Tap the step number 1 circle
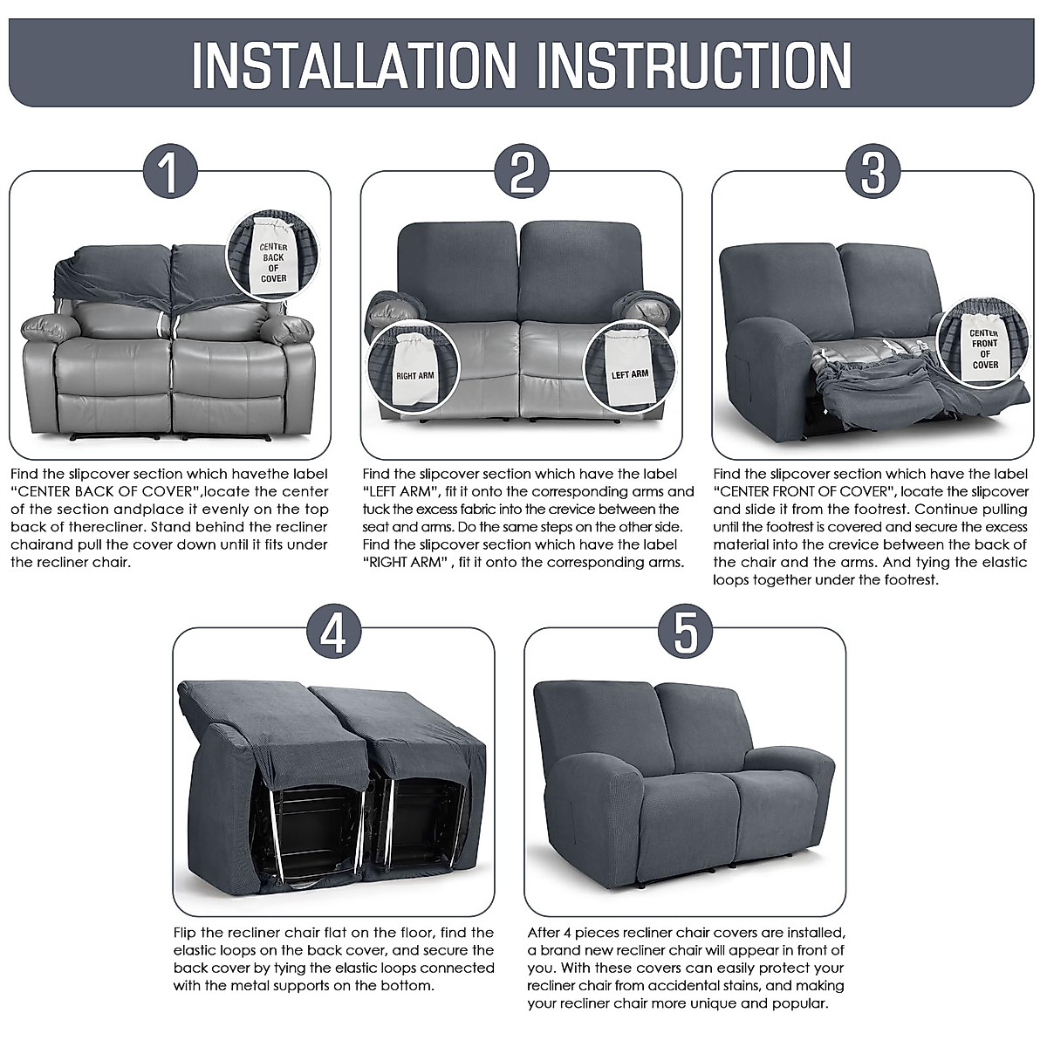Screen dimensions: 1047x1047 tap(169, 171)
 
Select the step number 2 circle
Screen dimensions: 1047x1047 tap(522, 171)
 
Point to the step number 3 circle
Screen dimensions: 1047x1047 tap(873, 171)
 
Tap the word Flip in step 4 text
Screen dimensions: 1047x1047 tap(187, 933)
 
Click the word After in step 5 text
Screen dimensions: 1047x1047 tap(546, 933)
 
